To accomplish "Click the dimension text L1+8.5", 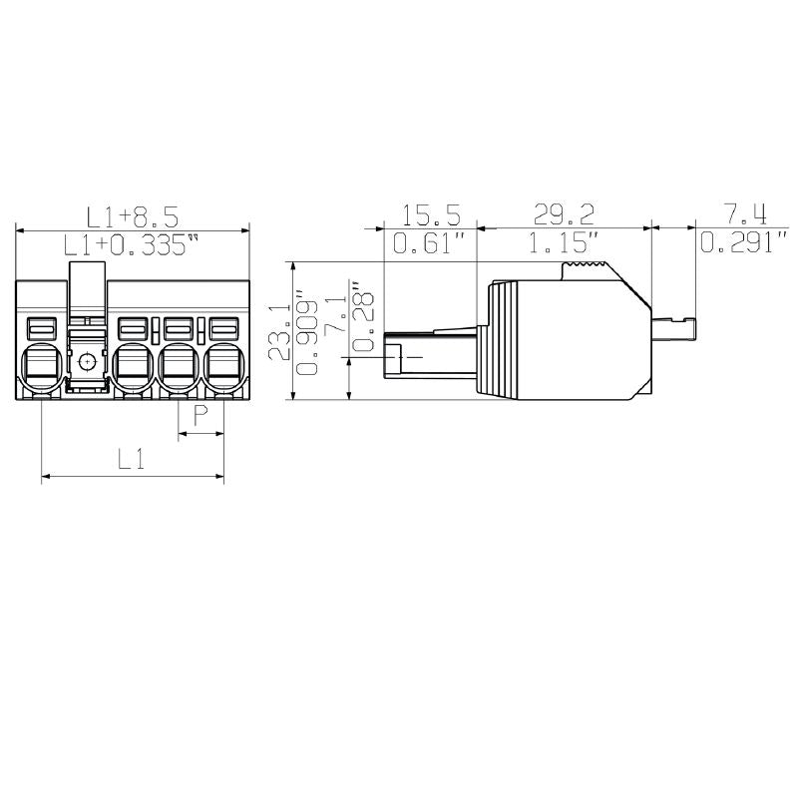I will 133,216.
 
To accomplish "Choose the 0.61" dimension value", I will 430,243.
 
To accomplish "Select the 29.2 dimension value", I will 564,214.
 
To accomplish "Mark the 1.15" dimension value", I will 564,243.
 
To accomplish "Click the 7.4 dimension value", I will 744,214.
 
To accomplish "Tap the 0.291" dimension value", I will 744,243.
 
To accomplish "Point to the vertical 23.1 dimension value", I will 279,331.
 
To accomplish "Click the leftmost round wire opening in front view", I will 41,367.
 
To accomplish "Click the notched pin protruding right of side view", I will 673,326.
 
